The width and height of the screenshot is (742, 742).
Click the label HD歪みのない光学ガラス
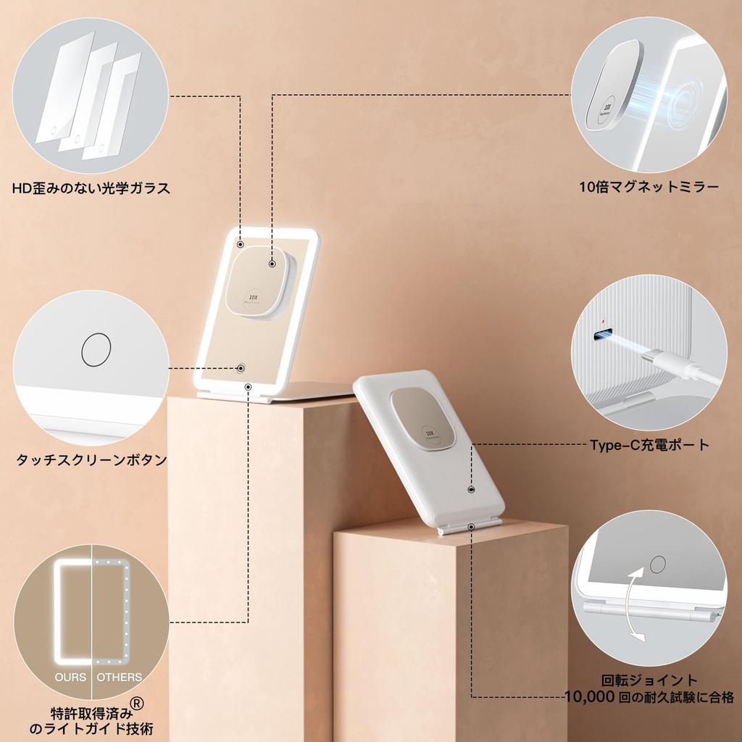91,188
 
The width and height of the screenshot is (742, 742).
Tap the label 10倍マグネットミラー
649,188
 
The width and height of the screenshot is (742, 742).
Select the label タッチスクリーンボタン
91,459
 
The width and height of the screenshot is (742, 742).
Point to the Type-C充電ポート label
649,445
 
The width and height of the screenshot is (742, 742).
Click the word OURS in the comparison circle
70,678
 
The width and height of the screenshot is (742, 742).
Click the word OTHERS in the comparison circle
120,678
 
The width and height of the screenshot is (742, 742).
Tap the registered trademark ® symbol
137,702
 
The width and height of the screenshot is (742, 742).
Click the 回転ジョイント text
650,680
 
